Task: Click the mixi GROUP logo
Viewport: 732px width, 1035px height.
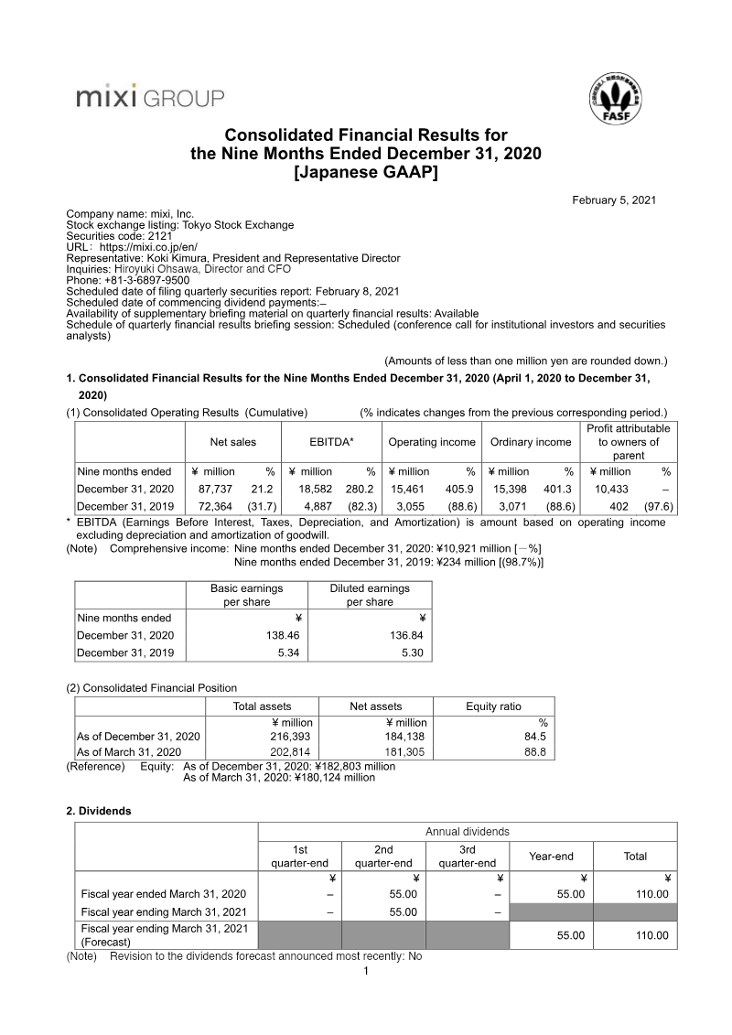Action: [149, 95]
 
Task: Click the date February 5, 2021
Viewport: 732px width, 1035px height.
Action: [614, 200]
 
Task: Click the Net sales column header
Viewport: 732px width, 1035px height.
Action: [233, 442]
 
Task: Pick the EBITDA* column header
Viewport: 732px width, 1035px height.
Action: [331, 442]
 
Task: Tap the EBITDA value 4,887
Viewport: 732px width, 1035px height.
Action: [323, 505]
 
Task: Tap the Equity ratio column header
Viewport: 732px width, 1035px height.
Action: [493, 706]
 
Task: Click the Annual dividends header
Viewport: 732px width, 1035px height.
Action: [468, 832]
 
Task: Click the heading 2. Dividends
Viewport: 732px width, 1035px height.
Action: [99, 811]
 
